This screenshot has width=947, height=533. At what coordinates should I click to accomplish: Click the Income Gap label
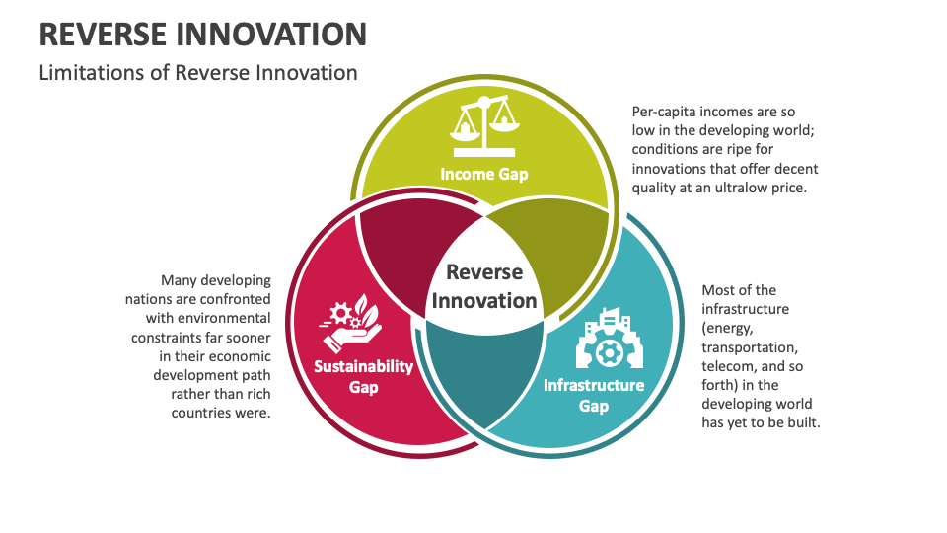[x=483, y=175]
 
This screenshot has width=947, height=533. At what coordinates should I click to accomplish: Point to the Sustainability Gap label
[x=363, y=376]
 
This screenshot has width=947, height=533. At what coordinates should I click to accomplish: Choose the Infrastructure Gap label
[x=594, y=395]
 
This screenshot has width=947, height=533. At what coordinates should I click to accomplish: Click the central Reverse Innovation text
[x=484, y=286]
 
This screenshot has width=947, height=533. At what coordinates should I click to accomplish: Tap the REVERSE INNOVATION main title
[x=202, y=35]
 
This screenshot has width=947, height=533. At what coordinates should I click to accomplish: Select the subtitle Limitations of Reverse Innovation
[x=197, y=72]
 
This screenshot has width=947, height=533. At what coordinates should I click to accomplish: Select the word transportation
[x=749, y=347]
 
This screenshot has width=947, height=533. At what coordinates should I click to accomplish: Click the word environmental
[x=222, y=318]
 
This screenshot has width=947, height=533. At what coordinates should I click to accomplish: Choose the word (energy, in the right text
[x=731, y=328]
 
